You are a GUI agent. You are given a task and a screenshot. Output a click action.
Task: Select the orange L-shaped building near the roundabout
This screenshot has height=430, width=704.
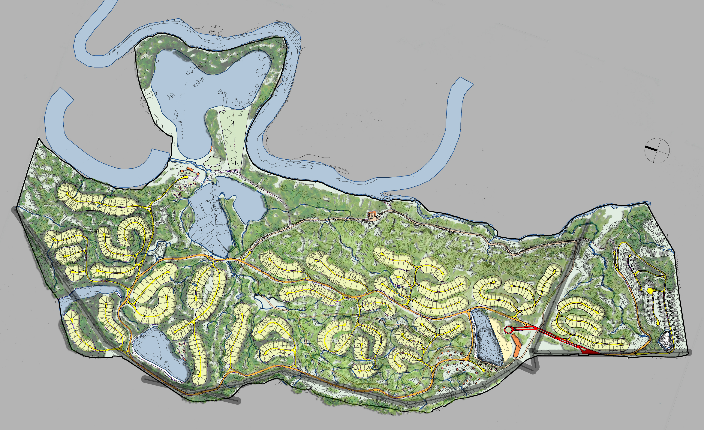point(516,346)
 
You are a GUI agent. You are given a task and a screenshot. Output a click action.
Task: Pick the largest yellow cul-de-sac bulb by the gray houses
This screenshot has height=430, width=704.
point(650,290)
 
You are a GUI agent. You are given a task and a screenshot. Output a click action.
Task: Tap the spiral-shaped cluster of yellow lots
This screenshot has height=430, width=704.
point(134,233)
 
